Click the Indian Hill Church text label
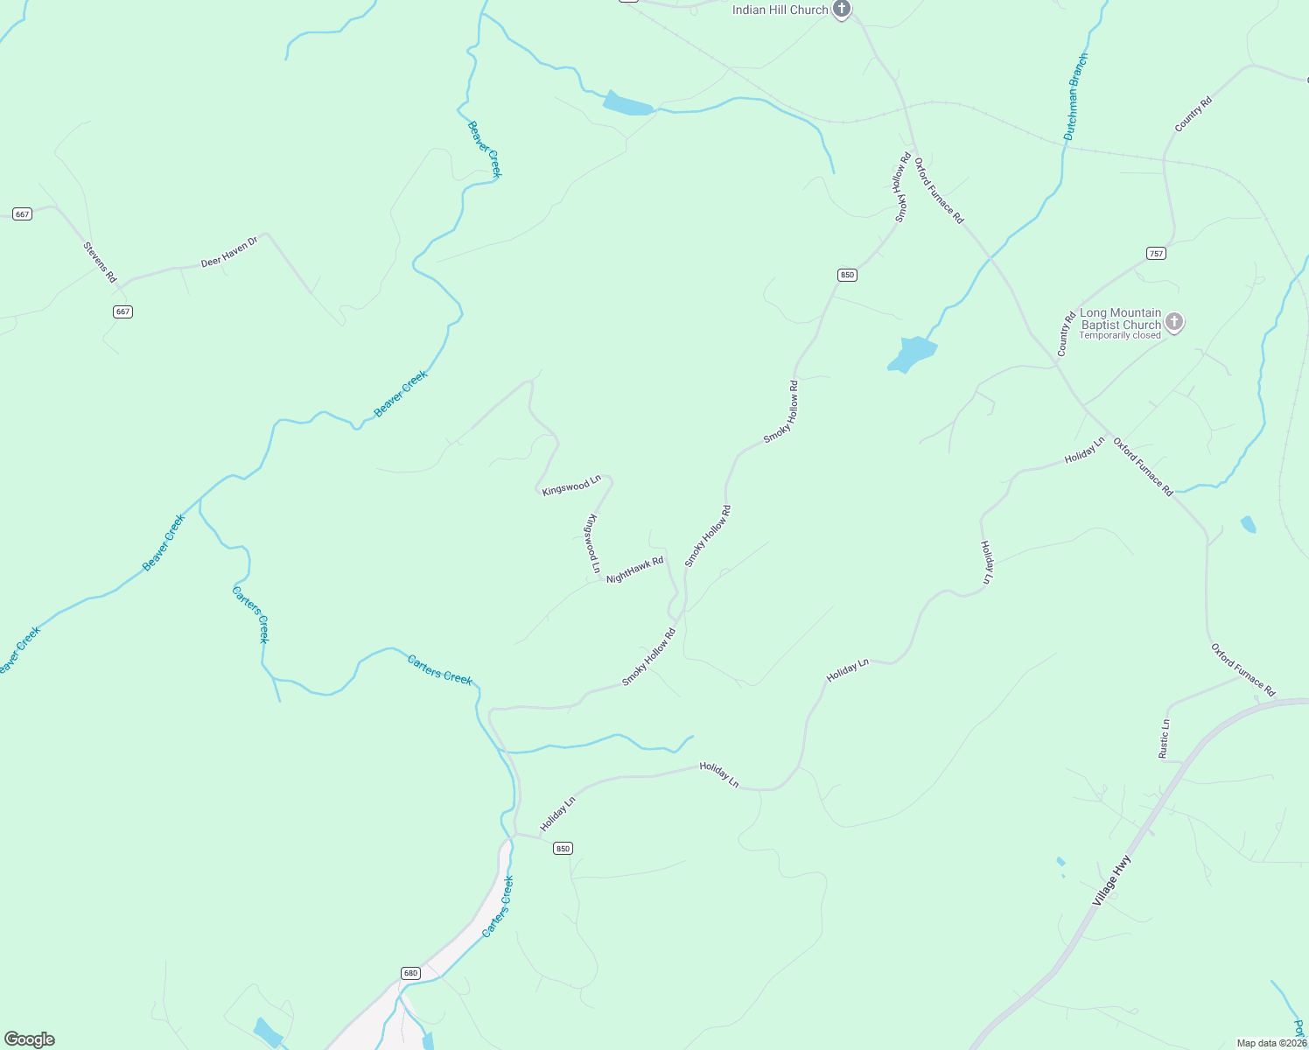780,10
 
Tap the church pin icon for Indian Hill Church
841,10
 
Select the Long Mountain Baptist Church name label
1120,318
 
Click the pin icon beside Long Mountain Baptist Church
1174,322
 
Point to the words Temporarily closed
1119,335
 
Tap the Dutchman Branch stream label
1075,97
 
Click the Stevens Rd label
100,262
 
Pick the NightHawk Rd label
634,570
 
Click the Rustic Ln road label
1164,738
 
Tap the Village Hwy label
1111,880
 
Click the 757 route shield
1156,254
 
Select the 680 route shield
410,973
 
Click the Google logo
29,1039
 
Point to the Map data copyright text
1271,1043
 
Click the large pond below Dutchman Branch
913,353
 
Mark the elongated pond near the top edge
626,104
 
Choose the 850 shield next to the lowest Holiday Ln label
562,848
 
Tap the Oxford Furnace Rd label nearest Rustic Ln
1242,669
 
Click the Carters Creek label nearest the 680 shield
497,906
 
